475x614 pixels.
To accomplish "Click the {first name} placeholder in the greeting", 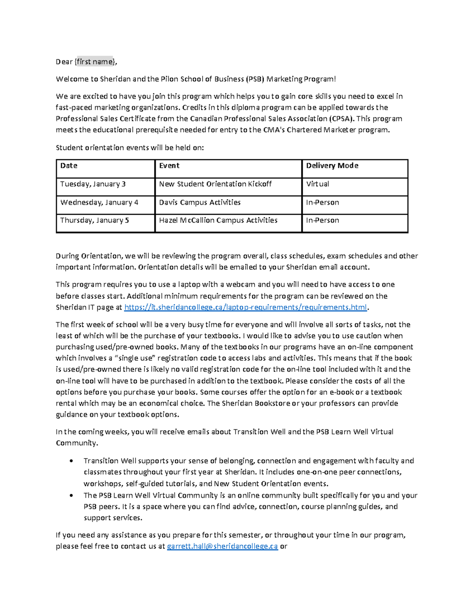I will (95, 62).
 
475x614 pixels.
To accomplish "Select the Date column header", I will (69, 166).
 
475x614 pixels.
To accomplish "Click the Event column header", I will (169, 166).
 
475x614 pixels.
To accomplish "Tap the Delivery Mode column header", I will (332, 166).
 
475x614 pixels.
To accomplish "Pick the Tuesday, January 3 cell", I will (93, 184).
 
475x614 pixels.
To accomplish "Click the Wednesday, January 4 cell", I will (99, 202).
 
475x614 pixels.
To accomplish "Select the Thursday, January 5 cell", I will (95, 220).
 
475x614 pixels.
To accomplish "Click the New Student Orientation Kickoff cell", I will (215, 184).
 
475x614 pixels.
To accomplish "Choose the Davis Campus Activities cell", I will (200, 202).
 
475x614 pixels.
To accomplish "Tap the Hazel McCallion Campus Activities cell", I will (218, 220).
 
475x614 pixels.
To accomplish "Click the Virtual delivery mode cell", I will (317, 184).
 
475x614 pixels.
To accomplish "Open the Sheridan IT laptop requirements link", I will (246, 307).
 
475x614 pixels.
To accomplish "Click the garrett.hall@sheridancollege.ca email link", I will (222, 546).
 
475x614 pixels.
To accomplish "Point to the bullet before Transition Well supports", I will (71, 461).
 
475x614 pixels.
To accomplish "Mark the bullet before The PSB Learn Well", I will (71, 495).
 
